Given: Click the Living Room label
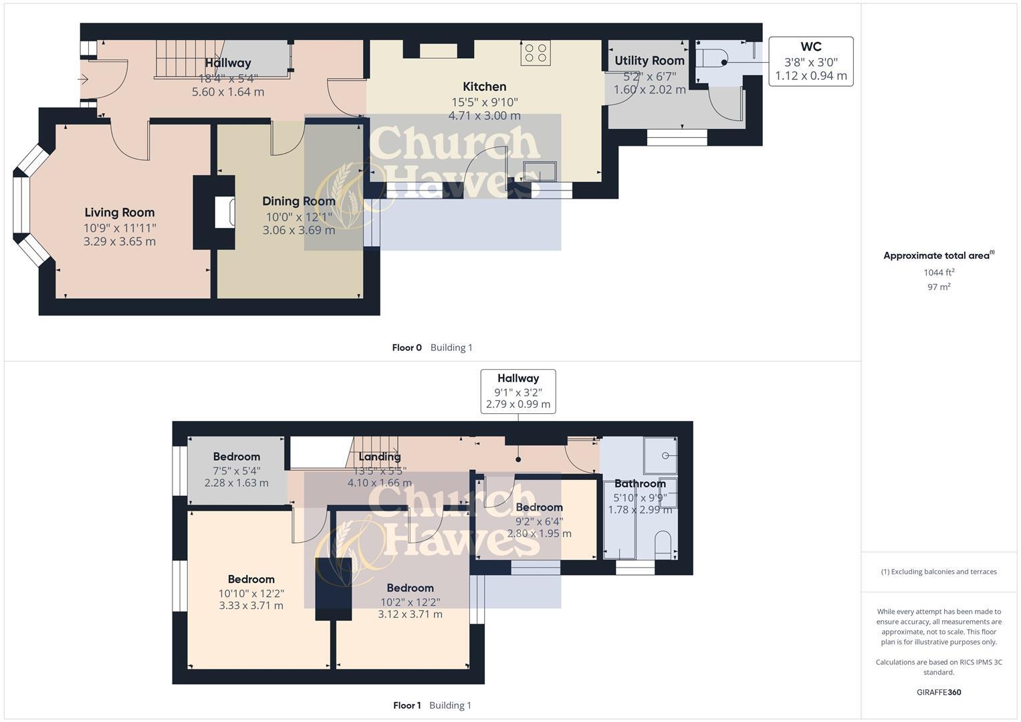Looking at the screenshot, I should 119,213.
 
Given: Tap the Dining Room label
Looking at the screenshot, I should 298,201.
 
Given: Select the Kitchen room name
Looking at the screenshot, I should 484,86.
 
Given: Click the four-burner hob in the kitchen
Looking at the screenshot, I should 536,53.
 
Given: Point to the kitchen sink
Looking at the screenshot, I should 540,171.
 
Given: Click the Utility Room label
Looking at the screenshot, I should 649,61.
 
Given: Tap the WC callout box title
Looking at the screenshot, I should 810,47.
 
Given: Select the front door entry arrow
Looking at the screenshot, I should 83,80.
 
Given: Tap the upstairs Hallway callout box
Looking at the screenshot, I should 518,391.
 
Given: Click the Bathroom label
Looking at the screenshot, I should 640,483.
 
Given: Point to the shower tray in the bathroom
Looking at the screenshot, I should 660,455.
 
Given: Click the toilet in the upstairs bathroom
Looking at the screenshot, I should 663,545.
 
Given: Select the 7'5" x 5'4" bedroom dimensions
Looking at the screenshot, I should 237,471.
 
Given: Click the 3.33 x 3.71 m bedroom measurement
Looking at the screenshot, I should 251,606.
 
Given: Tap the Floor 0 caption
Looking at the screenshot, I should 407,348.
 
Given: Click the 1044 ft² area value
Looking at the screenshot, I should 939,272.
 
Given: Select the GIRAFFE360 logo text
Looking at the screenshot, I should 939,693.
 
